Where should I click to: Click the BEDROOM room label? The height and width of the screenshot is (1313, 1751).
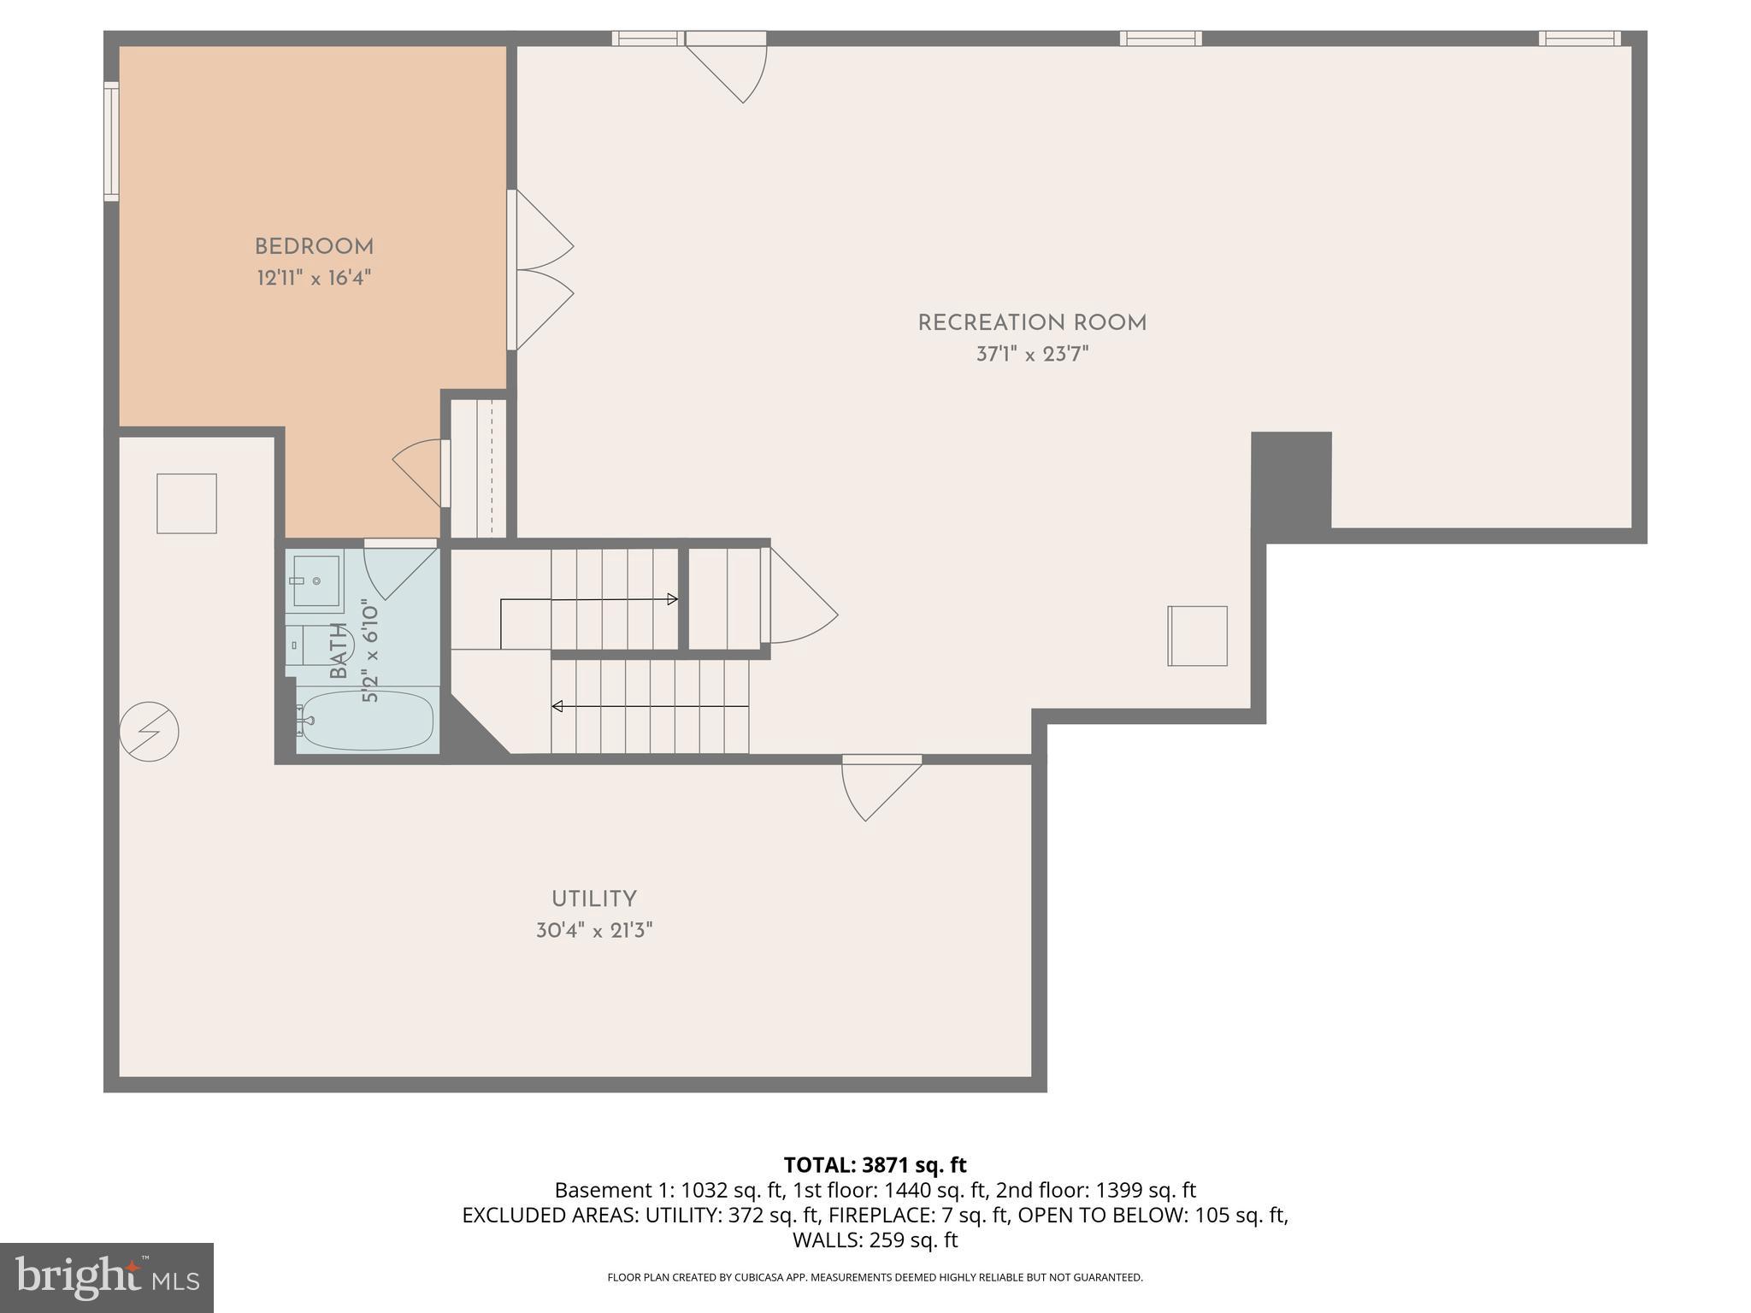(314, 247)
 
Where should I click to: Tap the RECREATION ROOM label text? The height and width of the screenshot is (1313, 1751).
(1032, 323)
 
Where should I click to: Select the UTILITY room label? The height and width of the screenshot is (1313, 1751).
(593, 899)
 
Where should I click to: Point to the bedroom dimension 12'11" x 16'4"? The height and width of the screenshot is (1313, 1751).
(314, 278)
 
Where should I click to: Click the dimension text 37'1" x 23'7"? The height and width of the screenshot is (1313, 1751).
(1032, 354)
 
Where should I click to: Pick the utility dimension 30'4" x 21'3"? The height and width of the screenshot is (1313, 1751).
(593, 930)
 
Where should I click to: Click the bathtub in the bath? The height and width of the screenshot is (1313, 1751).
(367, 721)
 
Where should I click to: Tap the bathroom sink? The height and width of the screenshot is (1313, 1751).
(315, 580)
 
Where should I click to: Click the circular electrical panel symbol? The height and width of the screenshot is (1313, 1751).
(149, 732)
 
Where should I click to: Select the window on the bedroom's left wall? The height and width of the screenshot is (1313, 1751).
(111, 142)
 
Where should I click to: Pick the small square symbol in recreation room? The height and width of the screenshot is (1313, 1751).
(1197, 636)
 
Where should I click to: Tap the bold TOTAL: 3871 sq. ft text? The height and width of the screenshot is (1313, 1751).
(875, 1165)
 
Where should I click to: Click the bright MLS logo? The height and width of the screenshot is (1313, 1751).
(106, 1277)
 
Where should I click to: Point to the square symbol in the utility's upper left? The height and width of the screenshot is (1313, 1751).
(186, 503)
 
